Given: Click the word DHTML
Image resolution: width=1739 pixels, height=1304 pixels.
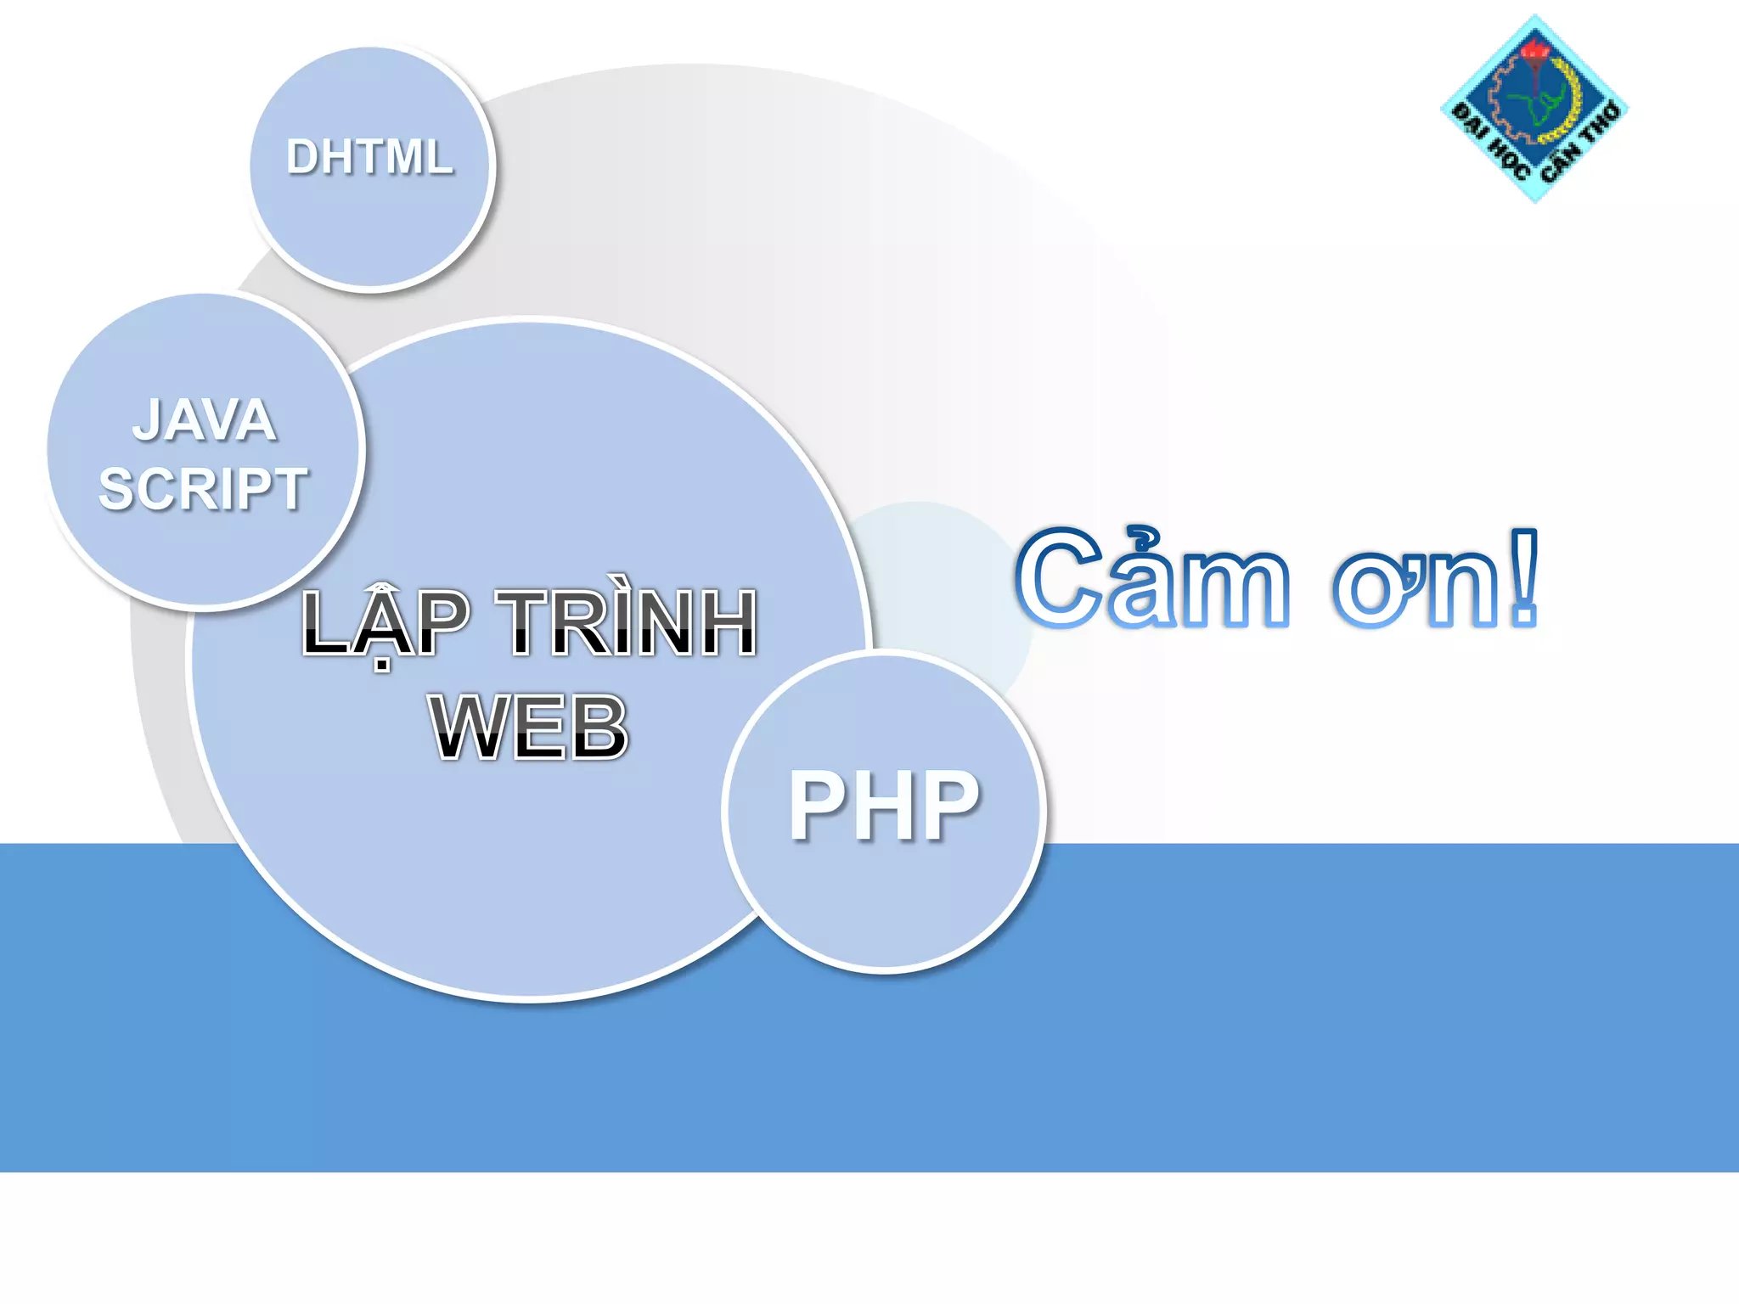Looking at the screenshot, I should click(369, 157).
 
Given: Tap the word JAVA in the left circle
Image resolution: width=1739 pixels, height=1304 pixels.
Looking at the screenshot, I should click(204, 420).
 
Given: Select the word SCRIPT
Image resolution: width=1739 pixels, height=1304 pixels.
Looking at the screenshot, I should click(203, 489).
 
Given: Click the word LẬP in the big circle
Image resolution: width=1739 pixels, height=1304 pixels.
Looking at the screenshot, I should click(386, 624).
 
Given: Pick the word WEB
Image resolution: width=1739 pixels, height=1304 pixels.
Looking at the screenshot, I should click(529, 727).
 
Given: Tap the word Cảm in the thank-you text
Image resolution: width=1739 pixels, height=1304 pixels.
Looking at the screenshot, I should click(1153, 579).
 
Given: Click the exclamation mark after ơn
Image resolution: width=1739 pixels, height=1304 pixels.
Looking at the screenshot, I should click(1524, 577).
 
